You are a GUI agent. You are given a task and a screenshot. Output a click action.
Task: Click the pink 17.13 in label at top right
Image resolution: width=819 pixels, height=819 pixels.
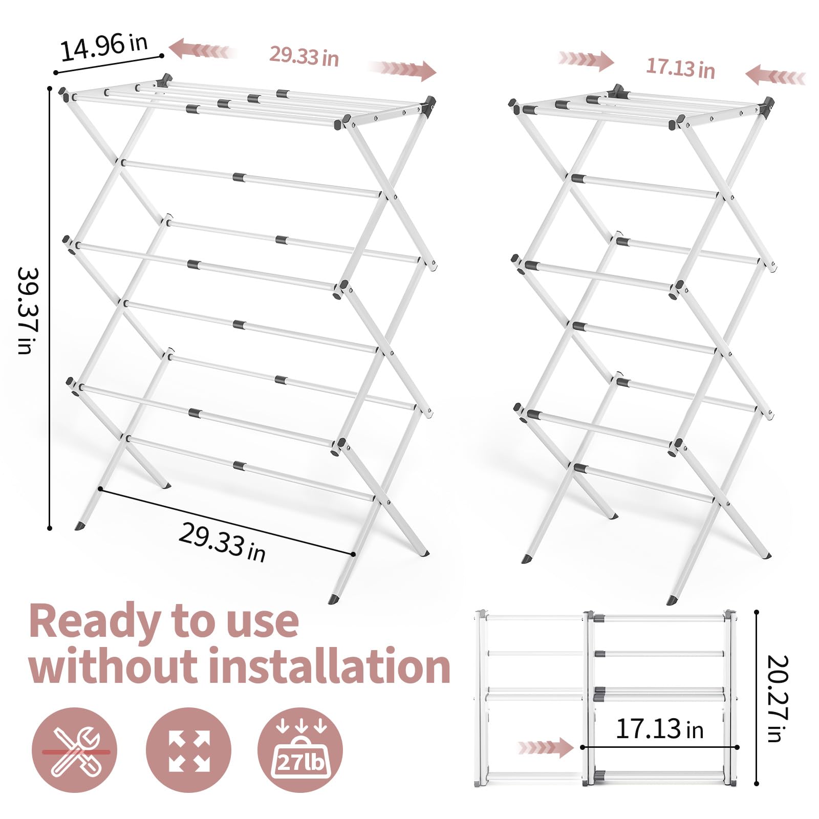(x=680, y=68)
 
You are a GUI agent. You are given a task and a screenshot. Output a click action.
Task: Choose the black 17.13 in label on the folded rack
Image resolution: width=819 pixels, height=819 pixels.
(x=659, y=729)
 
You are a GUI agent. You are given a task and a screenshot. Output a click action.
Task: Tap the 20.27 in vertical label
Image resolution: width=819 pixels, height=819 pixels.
(x=778, y=698)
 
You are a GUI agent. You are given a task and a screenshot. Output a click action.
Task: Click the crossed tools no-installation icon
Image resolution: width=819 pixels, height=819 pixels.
(x=74, y=750)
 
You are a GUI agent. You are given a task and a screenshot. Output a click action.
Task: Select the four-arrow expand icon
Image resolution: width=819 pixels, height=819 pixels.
(x=189, y=750)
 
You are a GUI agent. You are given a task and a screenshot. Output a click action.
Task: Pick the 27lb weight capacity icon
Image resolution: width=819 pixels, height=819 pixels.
(x=300, y=750)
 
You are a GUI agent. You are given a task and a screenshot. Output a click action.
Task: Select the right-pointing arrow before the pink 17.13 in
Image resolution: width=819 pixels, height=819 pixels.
(x=586, y=60)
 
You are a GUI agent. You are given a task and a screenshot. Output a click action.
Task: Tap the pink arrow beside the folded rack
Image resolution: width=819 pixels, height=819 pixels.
(x=546, y=748)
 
